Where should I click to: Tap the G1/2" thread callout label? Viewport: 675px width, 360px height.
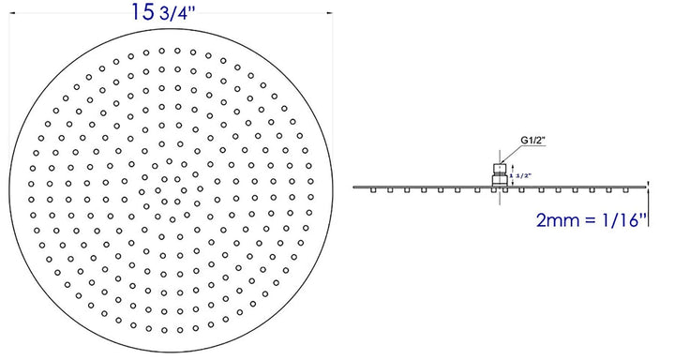click(534, 142)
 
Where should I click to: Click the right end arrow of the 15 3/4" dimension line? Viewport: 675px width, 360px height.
click(330, 13)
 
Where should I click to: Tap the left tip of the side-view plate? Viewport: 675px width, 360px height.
click(354, 187)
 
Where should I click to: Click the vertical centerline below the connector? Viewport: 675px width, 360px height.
click(500, 196)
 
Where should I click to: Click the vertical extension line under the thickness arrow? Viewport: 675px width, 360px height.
click(648, 211)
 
